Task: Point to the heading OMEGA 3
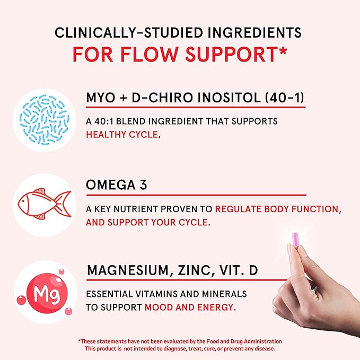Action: click(x=116, y=185)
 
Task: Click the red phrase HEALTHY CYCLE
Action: click(x=122, y=135)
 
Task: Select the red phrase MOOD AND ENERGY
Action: click(x=197, y=307)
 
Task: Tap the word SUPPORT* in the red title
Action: click(x=243, y=55)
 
